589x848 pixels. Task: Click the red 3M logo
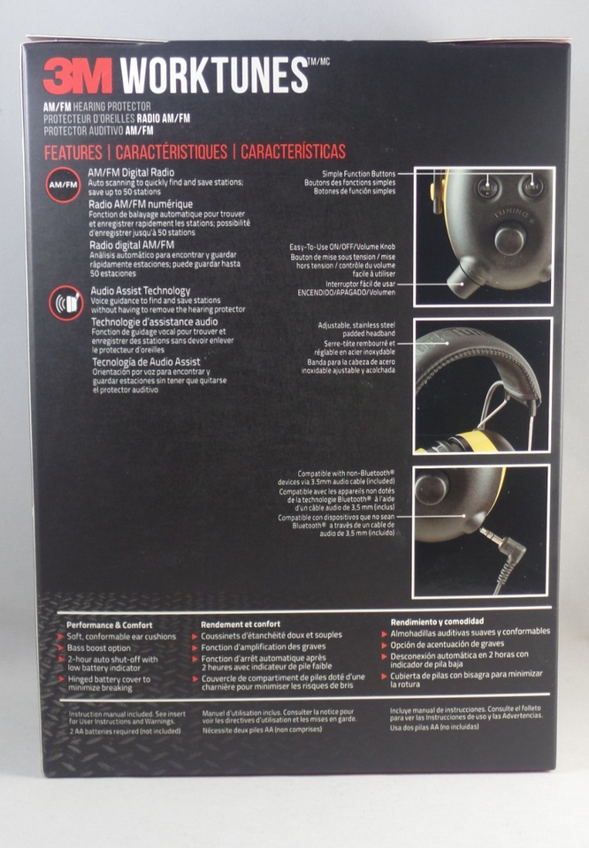point(77,76)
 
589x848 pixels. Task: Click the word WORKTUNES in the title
point(213,76)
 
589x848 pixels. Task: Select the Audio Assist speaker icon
point(65,303)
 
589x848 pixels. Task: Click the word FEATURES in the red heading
point(74,152)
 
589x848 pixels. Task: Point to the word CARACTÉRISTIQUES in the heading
point(172,152)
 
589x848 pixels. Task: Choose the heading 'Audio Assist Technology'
point(140,291)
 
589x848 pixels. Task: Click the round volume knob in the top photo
point(509,239)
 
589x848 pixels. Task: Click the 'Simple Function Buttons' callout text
point(358,173)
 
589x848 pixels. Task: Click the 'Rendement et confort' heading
point(241,624)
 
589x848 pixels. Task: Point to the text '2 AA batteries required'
point(125,731)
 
